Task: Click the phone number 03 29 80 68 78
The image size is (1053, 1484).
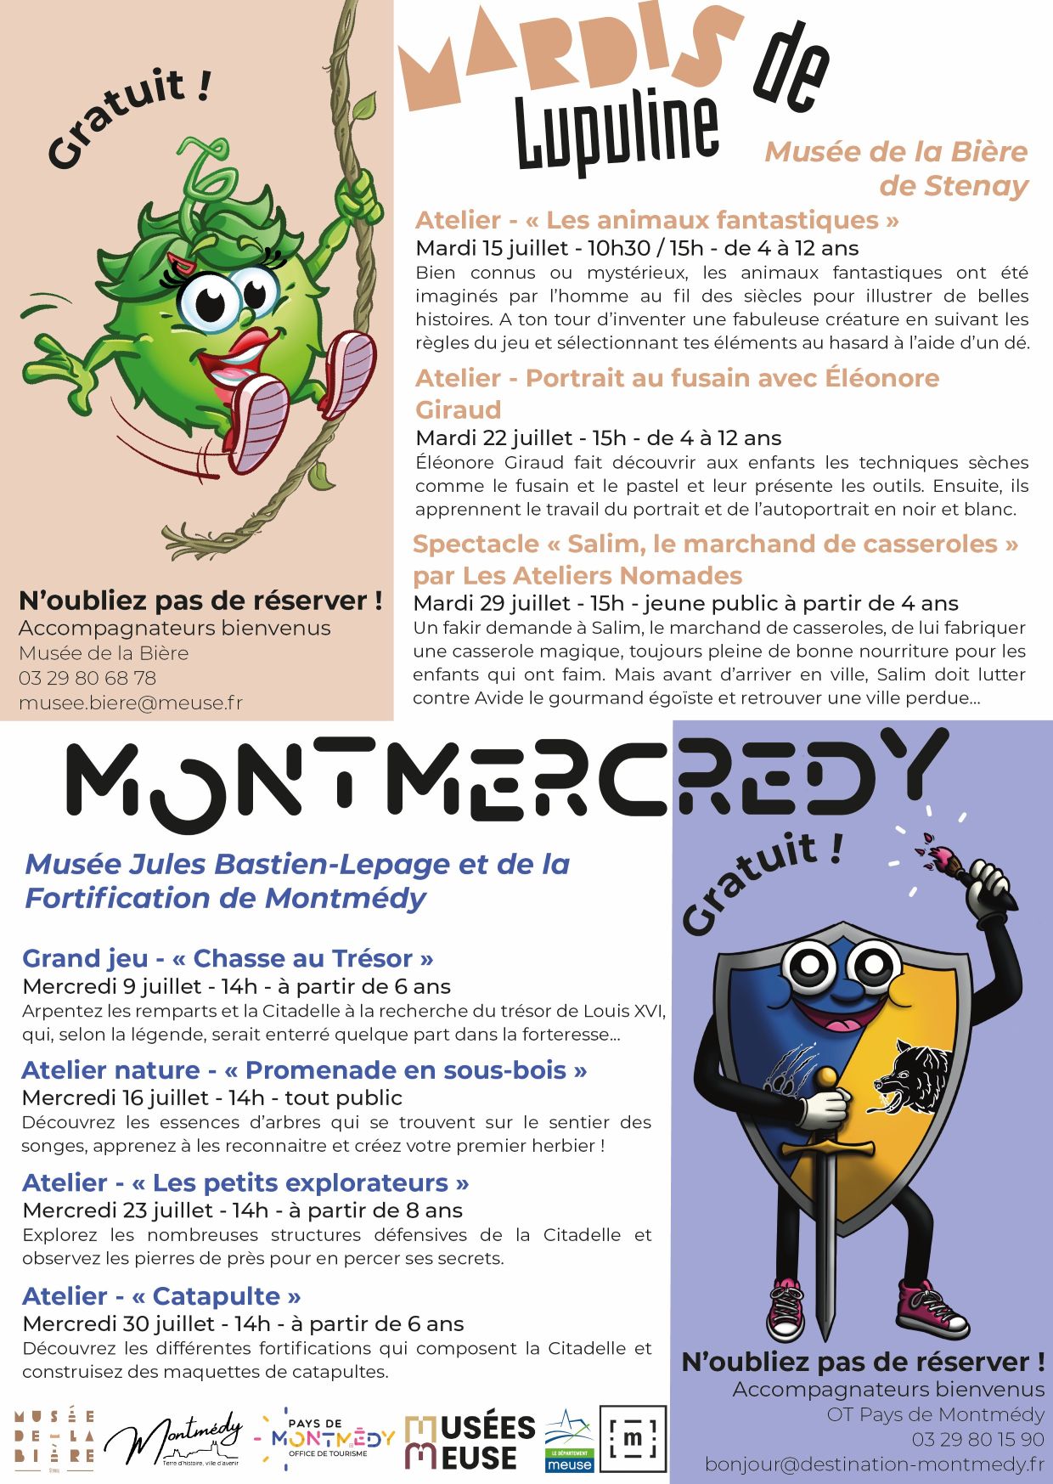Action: (87, 678)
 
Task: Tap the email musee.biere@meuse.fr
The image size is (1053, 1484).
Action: (131, 703)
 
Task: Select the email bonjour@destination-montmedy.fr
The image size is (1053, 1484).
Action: (874, 1464)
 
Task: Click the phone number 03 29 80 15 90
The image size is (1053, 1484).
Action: (977, 1439)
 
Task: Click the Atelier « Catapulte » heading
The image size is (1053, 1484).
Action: (161, 1295)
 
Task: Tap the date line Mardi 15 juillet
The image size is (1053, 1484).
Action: (637, 248)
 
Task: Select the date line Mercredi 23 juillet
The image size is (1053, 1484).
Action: (242, 1210)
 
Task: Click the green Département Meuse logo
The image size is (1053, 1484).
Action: (569, 1442)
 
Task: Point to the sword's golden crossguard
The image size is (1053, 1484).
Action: (826, 1148)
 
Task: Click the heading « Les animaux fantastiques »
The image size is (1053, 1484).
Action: (656, 220)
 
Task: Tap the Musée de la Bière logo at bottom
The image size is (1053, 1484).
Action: (54, 1438)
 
